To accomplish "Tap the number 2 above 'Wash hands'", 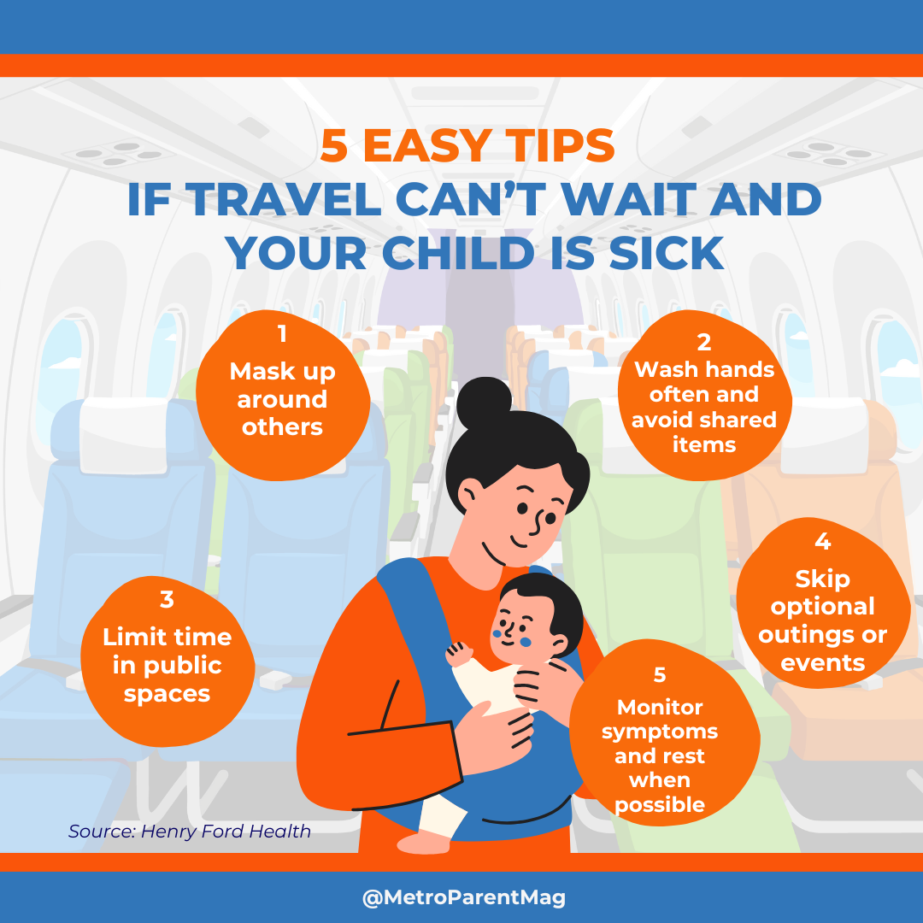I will pyautogui.click(x=703, y=342).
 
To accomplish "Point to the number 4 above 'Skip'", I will pyautogui.click(x=823, y=541).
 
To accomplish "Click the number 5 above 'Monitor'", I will pyautogui.click(x=660, y=674).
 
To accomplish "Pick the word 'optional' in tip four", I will pyautogui.click(x=823, y=607).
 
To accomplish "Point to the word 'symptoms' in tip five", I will pyautogui.click(x=660, y=732).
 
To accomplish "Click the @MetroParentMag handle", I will pyautogui.click(x=462, y=897).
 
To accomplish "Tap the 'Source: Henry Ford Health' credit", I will pyautogui.click(x=190, y=831).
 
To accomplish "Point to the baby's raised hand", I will pyautogui.click(x=458, y=654).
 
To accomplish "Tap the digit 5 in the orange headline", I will pyautogui.click(x=335, y=146).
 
